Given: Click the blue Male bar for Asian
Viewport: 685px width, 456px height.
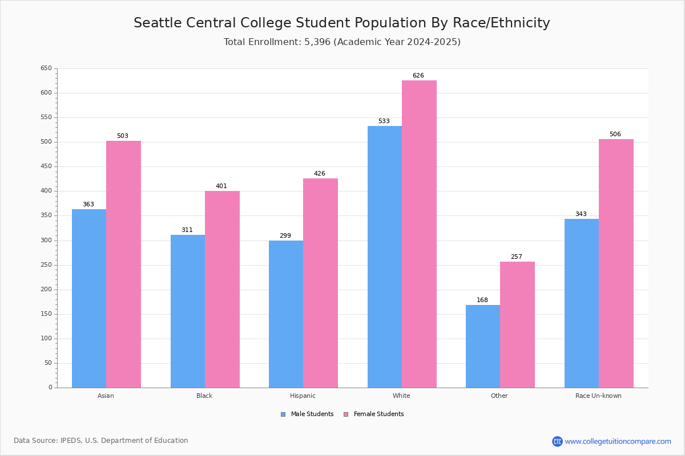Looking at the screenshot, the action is pyautogui.click(x=89, y=299).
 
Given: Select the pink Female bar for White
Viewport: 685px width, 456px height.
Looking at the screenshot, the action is pyautogui.click(x=419, y=234).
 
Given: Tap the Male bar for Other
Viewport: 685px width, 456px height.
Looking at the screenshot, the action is pyautogui.click(x=483, y=347).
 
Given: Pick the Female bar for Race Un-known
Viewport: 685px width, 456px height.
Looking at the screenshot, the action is pyautogui.click(x=616, y=263).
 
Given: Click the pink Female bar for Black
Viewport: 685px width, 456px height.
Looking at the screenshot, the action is pyautogui.click(x=222, y=289).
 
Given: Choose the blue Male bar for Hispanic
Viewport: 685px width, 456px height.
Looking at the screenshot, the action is pyautogui.click(x=286, y=314).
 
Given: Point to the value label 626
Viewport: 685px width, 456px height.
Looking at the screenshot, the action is pyautogui.click(x=418, y=75).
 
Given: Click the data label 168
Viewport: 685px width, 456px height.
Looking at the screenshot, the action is pyautogui.click(x=482, y=300).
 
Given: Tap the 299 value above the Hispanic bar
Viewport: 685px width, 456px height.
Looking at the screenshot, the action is pyautogui.click(x=285, y=235).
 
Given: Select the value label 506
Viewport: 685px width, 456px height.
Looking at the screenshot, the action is pyautogui.click(x=615, y=134).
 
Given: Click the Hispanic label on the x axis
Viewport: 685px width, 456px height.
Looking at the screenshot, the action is pyautogui.click(x=303, y=396).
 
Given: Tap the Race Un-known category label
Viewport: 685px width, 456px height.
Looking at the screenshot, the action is pyautogui.click(x=598, y=396).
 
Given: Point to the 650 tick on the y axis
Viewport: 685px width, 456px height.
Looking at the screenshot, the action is pyautogui.click(x=46, y=68).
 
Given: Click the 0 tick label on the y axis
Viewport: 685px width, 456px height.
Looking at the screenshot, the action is pyautogui.click(x=50, y=387).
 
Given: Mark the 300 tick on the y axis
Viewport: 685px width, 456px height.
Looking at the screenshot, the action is pyautogui.click(x=46, y=241).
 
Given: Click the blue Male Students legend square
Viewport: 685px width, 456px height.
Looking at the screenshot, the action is pyautogui.click(x=283, y=414).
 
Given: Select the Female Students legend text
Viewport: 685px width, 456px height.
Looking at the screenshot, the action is pyautogui.click(x=378, y=414).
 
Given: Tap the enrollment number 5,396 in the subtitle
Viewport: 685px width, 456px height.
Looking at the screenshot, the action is pyautogui.click(x=317, y=42).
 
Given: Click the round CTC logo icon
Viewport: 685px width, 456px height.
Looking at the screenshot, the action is pyautogui.click(x=557, y=441).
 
